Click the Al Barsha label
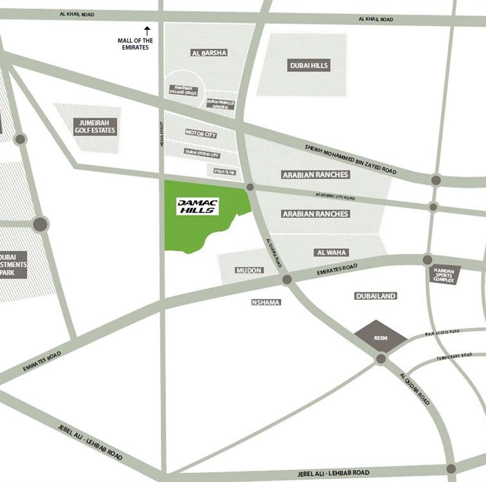pos(209,53)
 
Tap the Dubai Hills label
pos(309,65)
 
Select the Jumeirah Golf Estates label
pos(95,127)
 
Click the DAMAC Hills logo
pos(197,207)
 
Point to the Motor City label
pos(201,133)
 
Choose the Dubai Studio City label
pos(202,154)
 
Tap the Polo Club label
pos(224,172)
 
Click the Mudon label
pos(249,270)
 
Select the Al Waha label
pos(331,252)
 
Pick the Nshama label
pos(266,302)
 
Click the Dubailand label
pos(376,296)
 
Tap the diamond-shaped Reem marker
pos(381,337)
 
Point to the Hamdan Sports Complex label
pos(444,275)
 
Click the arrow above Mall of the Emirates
pos(147,31)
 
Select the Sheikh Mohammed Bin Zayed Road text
pos(350,159)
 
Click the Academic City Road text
pos(335,196)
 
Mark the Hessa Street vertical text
pos(162,134)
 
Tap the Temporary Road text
pos(454,356)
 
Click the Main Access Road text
pos(442,333)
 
